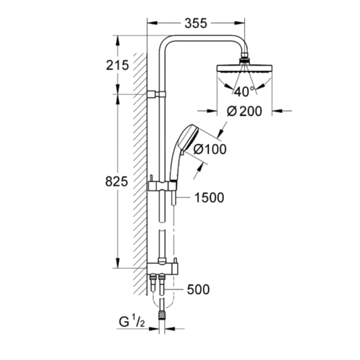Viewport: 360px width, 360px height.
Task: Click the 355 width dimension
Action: coord(196,24)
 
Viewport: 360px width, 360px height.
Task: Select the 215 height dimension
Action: coord(117,66)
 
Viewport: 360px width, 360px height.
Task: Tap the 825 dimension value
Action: coord(117,181)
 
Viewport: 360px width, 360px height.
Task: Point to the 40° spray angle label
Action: coord(244,91)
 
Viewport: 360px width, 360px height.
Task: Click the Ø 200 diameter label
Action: coord(244,111)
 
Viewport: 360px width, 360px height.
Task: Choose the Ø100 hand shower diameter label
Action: coord(210,149)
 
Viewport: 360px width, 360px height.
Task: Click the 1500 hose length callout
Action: coord(209,198)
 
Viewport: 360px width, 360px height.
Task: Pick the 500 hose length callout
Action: coord(198,289)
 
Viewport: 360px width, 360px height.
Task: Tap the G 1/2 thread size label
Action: coord(132,322)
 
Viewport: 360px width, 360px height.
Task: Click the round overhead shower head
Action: coord(244,68)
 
